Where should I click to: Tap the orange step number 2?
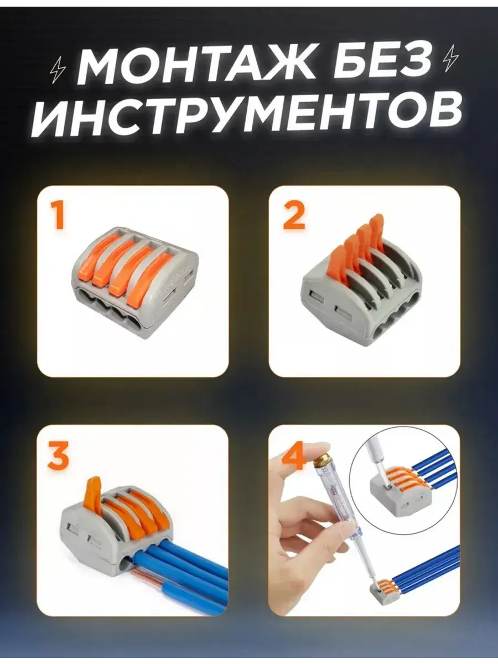tap(293, 215)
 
